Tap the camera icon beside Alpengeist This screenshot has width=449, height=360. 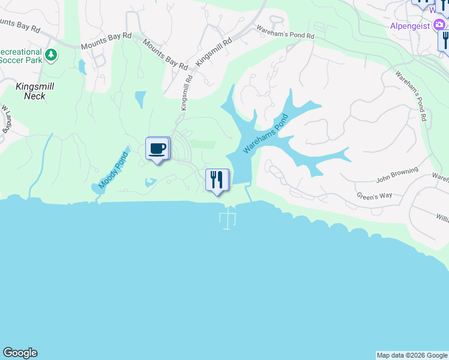pyautogui.click(x=441, y=26)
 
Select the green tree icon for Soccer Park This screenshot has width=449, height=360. pyautogui.click(x=52, y=55)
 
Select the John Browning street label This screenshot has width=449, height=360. pyautogui.click(x=397, y=175)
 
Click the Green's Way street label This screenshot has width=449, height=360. pyautogui.click(x=374, y=196)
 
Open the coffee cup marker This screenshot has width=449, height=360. pyautogui.click(x=158, y=149)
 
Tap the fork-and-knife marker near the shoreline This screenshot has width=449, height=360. pyautogui.click(x=217, y=180)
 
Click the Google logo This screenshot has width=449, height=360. pyautogui.click(x=20, y=353)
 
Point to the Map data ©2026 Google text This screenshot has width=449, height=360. pyautogui.click(x=412, y=355)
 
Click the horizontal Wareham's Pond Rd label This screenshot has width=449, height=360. pyautogui.click(x=285, y=32)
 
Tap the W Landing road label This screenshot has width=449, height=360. pyautogui.click(x=7, y=120)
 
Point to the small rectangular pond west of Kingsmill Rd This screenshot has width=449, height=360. pyautogui.click(x=140, y=98)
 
